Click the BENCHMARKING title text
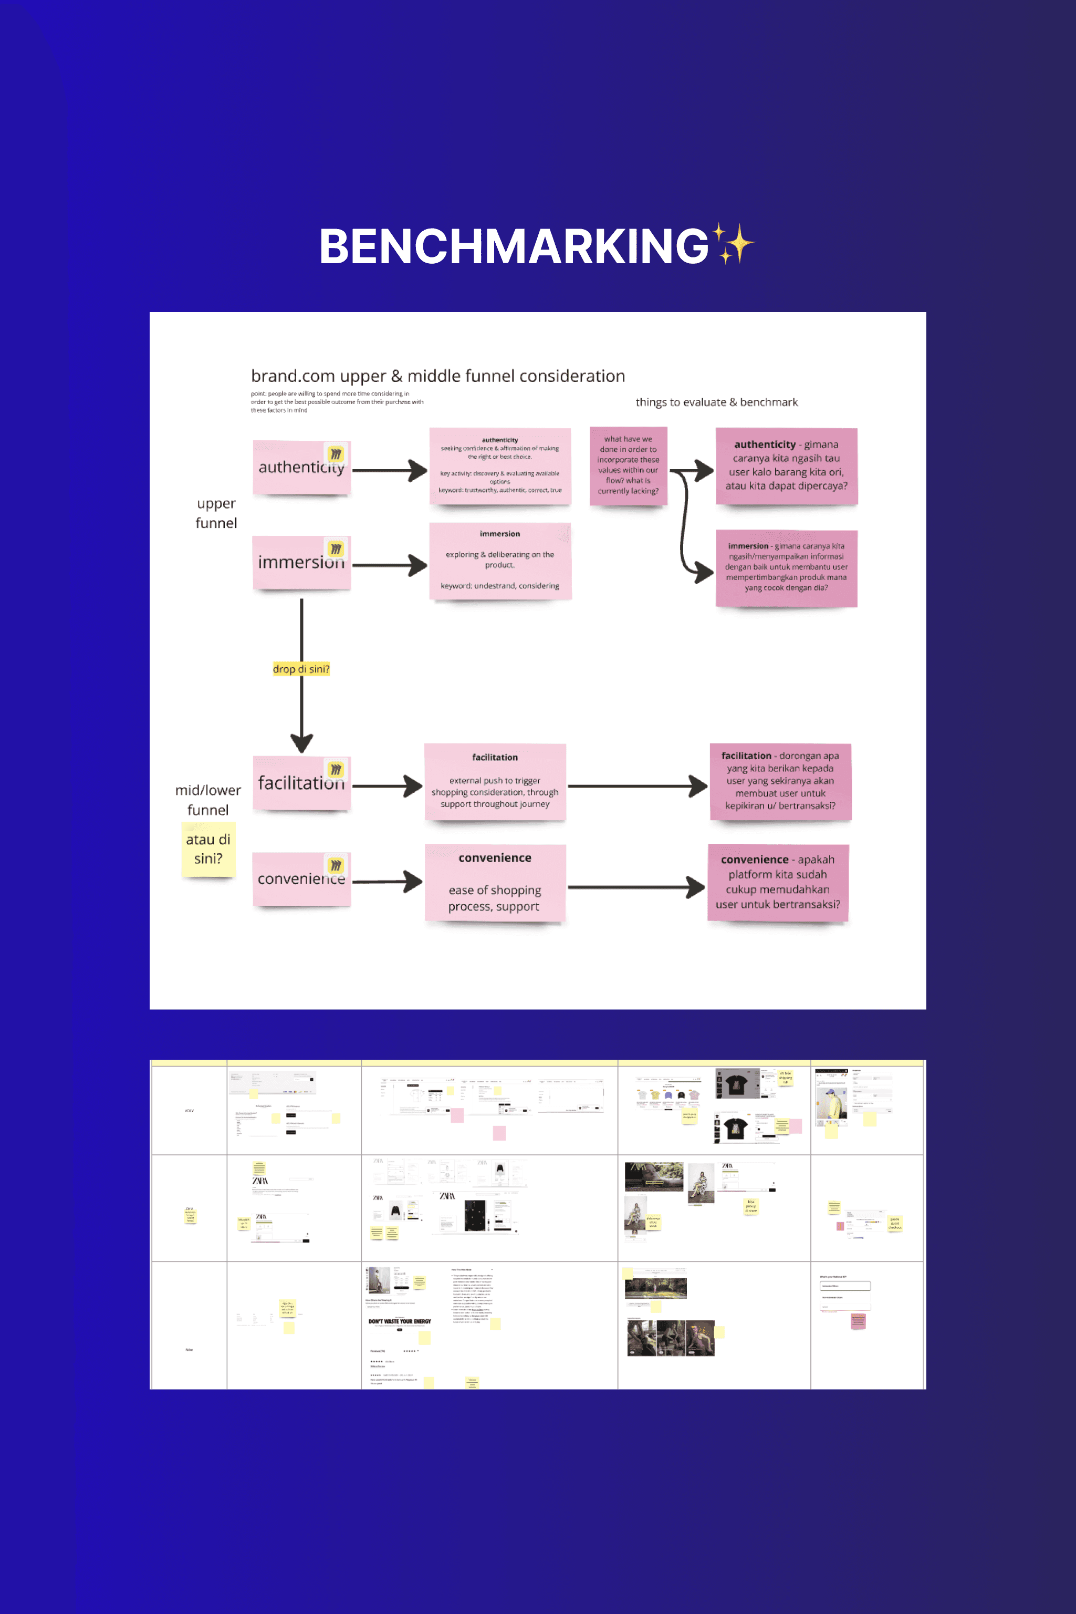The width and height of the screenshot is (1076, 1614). click(x=513, y=246)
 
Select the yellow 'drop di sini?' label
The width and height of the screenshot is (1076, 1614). click(x=301, y=669)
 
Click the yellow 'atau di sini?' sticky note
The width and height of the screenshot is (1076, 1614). click(x=208, y=849)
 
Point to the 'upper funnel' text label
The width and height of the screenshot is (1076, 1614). click(x=216, y=513)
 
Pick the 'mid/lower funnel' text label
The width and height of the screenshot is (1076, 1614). click(x=208, y=800)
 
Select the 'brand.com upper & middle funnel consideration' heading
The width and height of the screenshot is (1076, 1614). click(x=438, y=376)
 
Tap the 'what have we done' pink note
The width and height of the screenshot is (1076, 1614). click(x=628, y=465)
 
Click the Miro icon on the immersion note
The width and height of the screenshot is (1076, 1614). click(x=336, y=549)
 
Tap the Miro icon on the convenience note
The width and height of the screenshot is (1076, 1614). click(x=336, y=865)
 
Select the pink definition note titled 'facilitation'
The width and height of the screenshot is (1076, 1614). click(x=495, y=781)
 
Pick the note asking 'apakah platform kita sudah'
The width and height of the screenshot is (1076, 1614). click(x=778, y=882)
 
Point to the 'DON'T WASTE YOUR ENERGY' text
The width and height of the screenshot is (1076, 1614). click(x=400, y=1321)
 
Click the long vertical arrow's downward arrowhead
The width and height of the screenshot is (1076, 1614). click(x=302, y=743)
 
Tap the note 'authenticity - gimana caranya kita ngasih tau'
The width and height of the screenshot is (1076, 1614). click(x=787, y=465)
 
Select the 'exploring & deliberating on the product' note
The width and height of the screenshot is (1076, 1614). click(x=499, y=560)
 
